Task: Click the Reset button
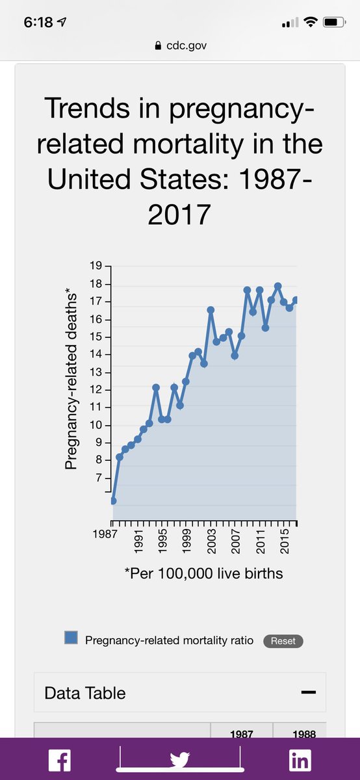click(x=283, y=641)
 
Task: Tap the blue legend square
click(x=71, y=637)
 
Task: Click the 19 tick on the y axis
click(x=96, y=266)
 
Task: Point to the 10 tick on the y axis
click(x=96, y=425)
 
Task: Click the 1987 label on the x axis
click(x=105, y=534)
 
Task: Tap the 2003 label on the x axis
click(x=211, y=541)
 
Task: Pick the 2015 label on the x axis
click(x=285, y=541)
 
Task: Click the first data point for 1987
click(x=113, y=500)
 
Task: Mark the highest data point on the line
click(x=278, y=286)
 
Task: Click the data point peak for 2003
click(x=211, y=309)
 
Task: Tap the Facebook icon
click(x=60, y=760)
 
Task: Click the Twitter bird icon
click(x=180, y=759)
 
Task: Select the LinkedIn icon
click(x=300, y=760)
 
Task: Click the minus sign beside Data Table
click(x=309, y=692)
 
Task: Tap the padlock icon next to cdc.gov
click(x=158, y=45)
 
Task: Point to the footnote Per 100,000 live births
click(x=203, y=573)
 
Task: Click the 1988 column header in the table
click(x=304, y=734)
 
